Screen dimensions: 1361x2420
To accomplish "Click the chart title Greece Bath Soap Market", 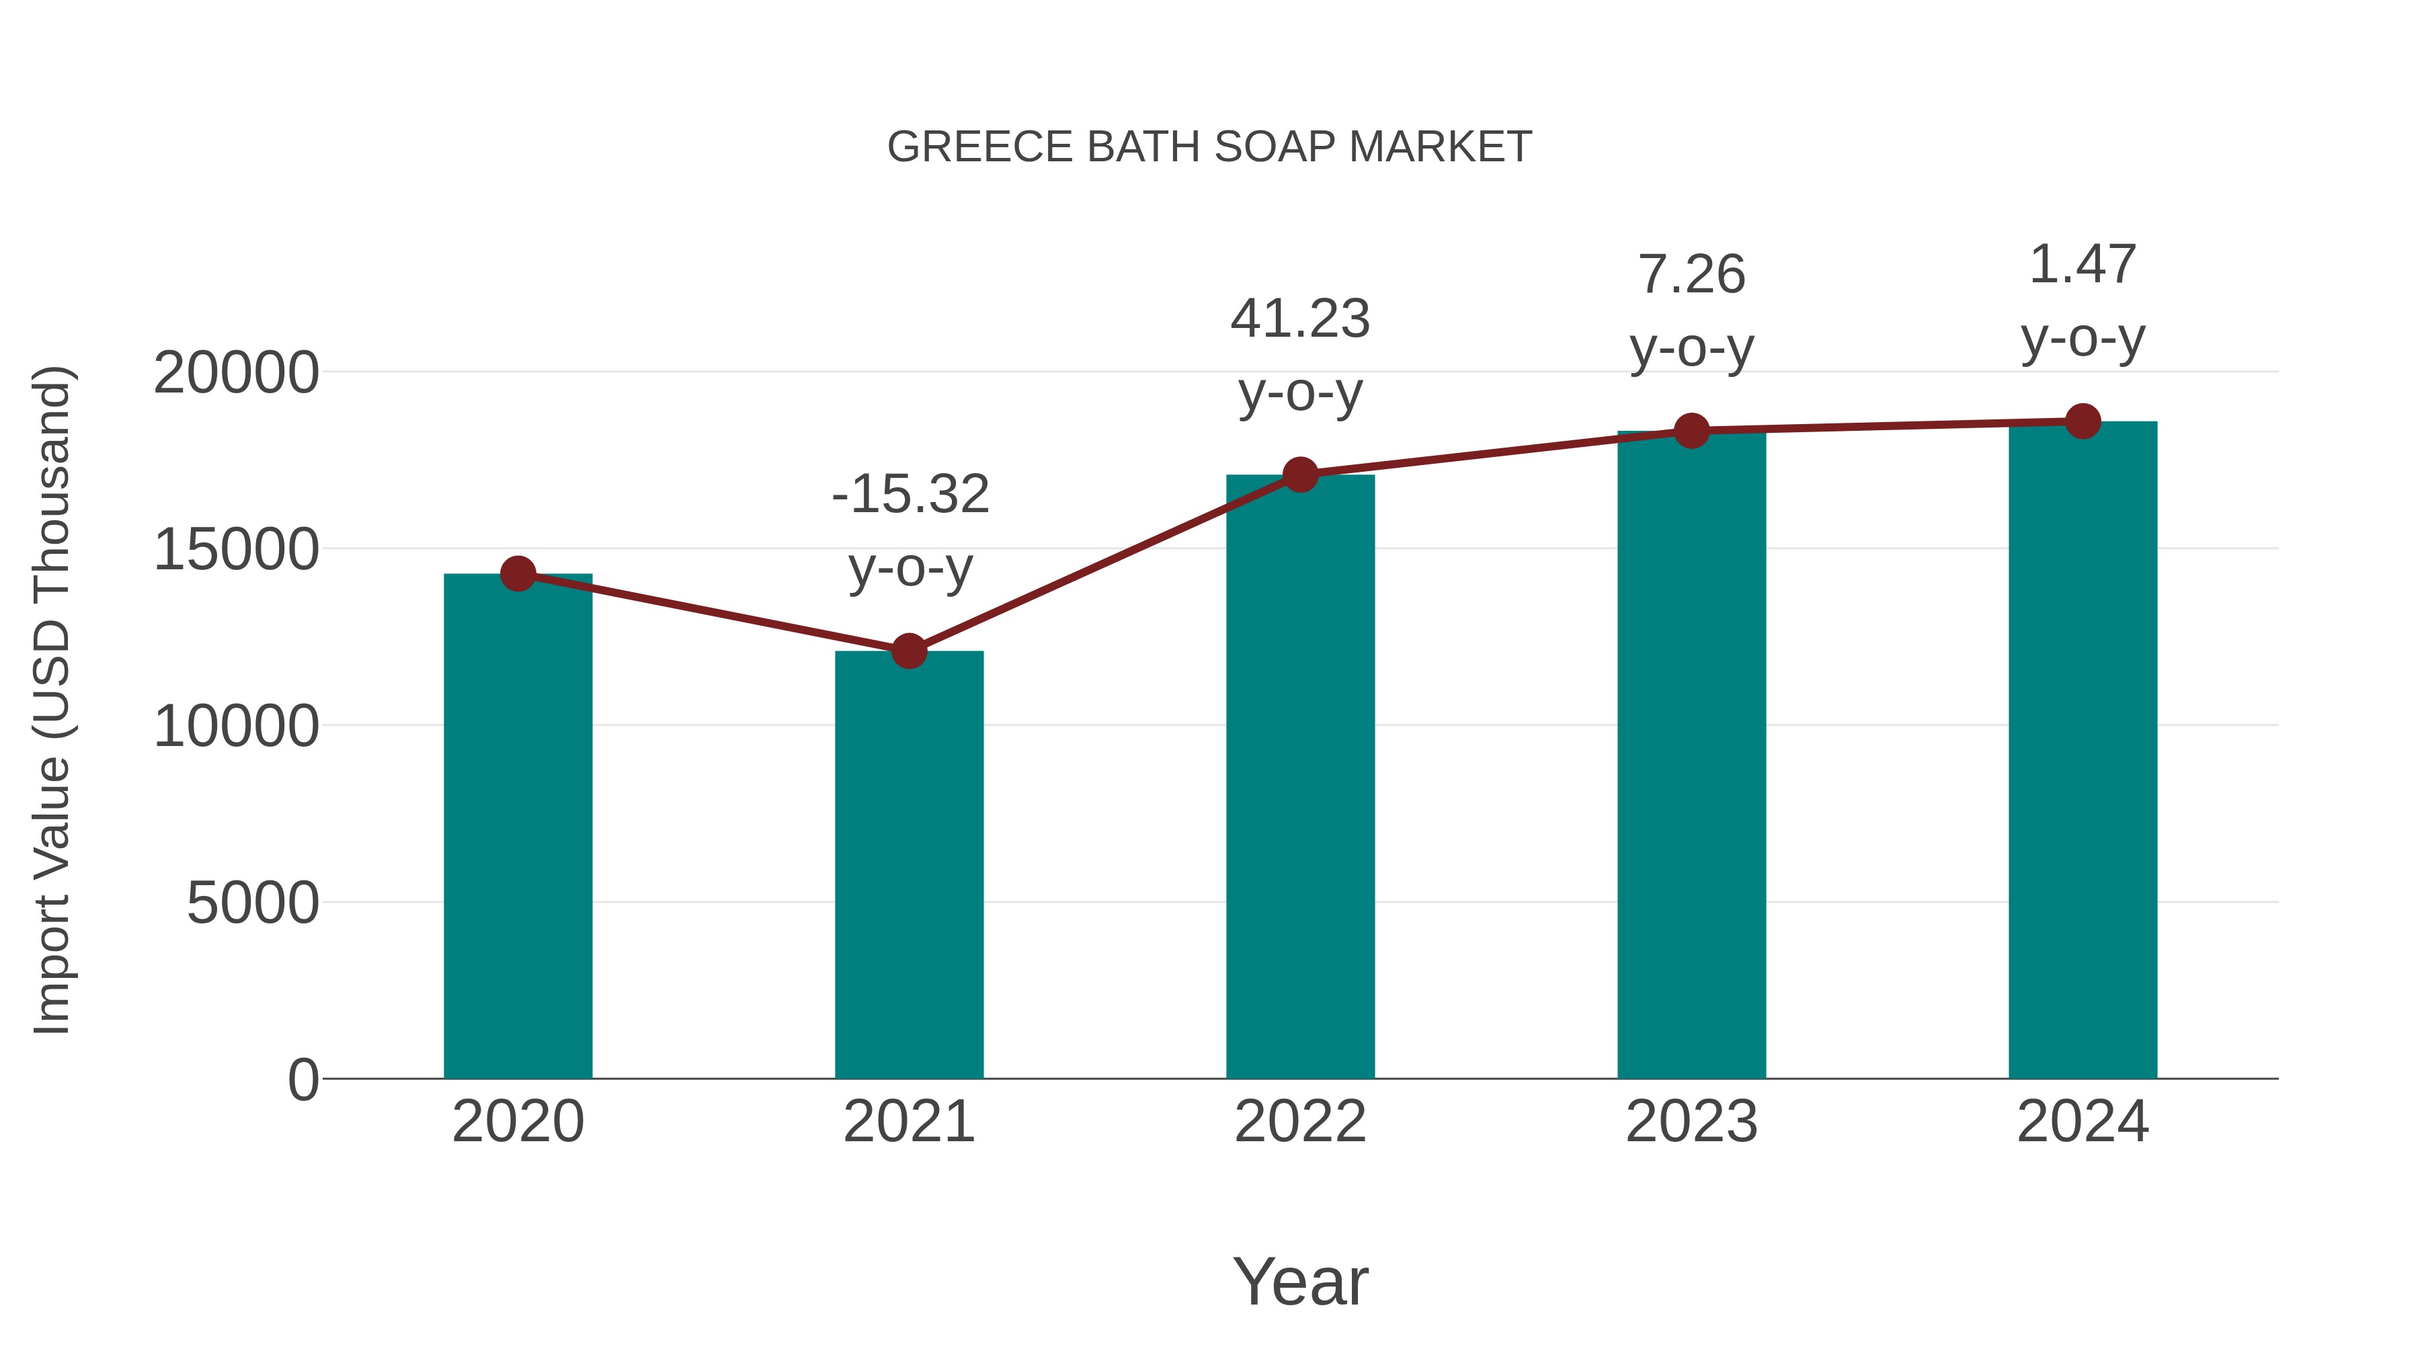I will (1209, 147).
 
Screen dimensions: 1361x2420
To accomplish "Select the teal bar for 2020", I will (518, 827).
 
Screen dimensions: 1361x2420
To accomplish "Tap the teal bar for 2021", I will (908, 864).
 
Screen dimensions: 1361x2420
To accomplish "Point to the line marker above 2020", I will (518, 573).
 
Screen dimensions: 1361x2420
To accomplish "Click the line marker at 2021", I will (908, 650).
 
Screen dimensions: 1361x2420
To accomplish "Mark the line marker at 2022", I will (1300, 475).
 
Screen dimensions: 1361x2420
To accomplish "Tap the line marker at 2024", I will (2083, 421).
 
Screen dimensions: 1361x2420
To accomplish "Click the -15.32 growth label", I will (910, 494).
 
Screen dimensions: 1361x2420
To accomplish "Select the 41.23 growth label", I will (1300, 319).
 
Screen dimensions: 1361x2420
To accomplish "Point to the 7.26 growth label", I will (1691, 274).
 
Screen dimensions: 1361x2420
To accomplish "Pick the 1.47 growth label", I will (2083, 264).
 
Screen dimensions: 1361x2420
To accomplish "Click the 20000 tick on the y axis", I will (236, 373).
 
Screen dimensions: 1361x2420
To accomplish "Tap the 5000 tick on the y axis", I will (253, 903).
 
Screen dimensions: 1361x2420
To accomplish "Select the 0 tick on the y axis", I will (303, 1079).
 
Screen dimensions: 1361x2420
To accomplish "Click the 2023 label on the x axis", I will (1691, 1122).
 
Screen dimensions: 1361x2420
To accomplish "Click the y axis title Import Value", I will (52, 700).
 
